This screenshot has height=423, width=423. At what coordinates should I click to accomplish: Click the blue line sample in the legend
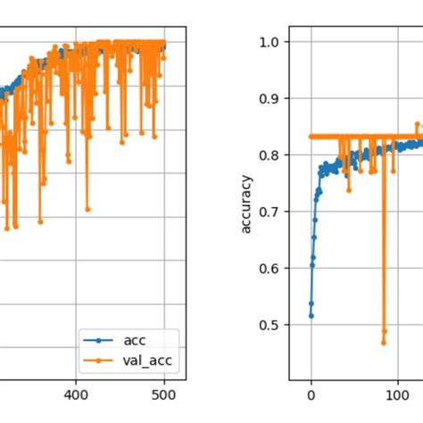pyautogui.click(x=96, y=340)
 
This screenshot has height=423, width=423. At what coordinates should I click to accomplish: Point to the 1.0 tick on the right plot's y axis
pyautogui.click(x=273, y=42)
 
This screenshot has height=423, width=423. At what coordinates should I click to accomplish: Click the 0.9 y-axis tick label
pyautogui.click(x=273, y=99)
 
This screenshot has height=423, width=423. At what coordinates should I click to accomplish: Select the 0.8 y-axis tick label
pyautogui.click(x=273, y=155)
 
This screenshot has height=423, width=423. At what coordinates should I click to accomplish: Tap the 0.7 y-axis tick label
pyautogui.click(x=273, y=211)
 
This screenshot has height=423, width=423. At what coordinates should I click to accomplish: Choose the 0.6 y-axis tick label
pyautogui.click(x=273, y=268)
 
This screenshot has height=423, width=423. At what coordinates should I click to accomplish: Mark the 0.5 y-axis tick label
pyautogui.click(x=273, y=325)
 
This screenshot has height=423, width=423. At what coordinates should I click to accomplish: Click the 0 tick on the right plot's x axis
pyautogui.click(x=311, y=392)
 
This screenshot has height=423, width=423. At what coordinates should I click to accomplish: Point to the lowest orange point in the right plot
pyautogui.click(x=384, y=342)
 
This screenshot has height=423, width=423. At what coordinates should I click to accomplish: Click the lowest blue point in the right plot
pyautogui.click(x=311, y=316)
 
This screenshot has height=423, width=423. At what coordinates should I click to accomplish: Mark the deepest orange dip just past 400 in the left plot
pyautogui.click(x=87, y=209)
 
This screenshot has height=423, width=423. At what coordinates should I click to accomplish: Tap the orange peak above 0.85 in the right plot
pyautogui.click(x=417, y=124)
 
